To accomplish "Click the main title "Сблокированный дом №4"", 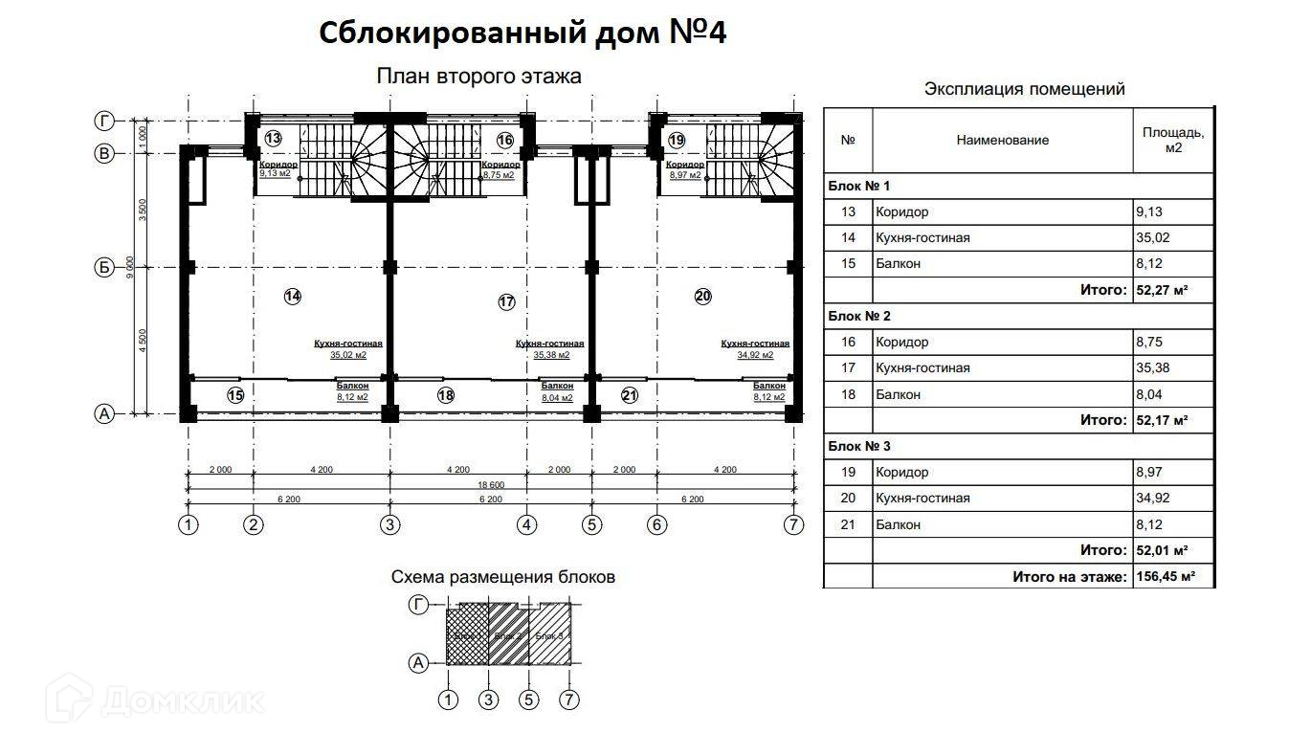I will (522, 33).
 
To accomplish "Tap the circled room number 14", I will (292, 297).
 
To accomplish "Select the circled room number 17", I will (506, 301).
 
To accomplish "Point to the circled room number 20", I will (702, 297).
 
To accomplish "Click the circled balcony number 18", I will (445, 394).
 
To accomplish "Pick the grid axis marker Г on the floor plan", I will (104, 121).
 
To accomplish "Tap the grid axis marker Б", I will (104, 267).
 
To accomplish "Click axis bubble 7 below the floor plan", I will (792, 524).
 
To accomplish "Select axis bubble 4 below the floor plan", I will (527, 524).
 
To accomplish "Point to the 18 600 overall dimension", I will (489, 485).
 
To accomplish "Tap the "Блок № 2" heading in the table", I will (858, 316).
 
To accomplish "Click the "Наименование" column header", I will (1002, 140).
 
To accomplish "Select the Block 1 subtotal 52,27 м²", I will (1161, 289).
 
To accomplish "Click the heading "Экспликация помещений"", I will (1024, 89).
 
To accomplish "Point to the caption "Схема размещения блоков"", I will (502, 577).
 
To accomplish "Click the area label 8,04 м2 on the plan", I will (556, 398).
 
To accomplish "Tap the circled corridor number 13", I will (273, 139).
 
